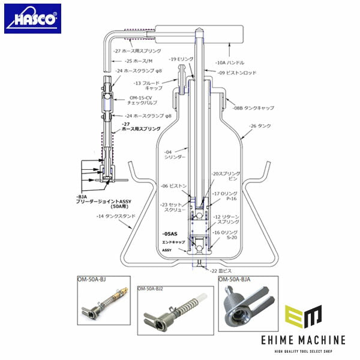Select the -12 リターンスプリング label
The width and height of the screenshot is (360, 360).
click(x=225, y=218)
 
